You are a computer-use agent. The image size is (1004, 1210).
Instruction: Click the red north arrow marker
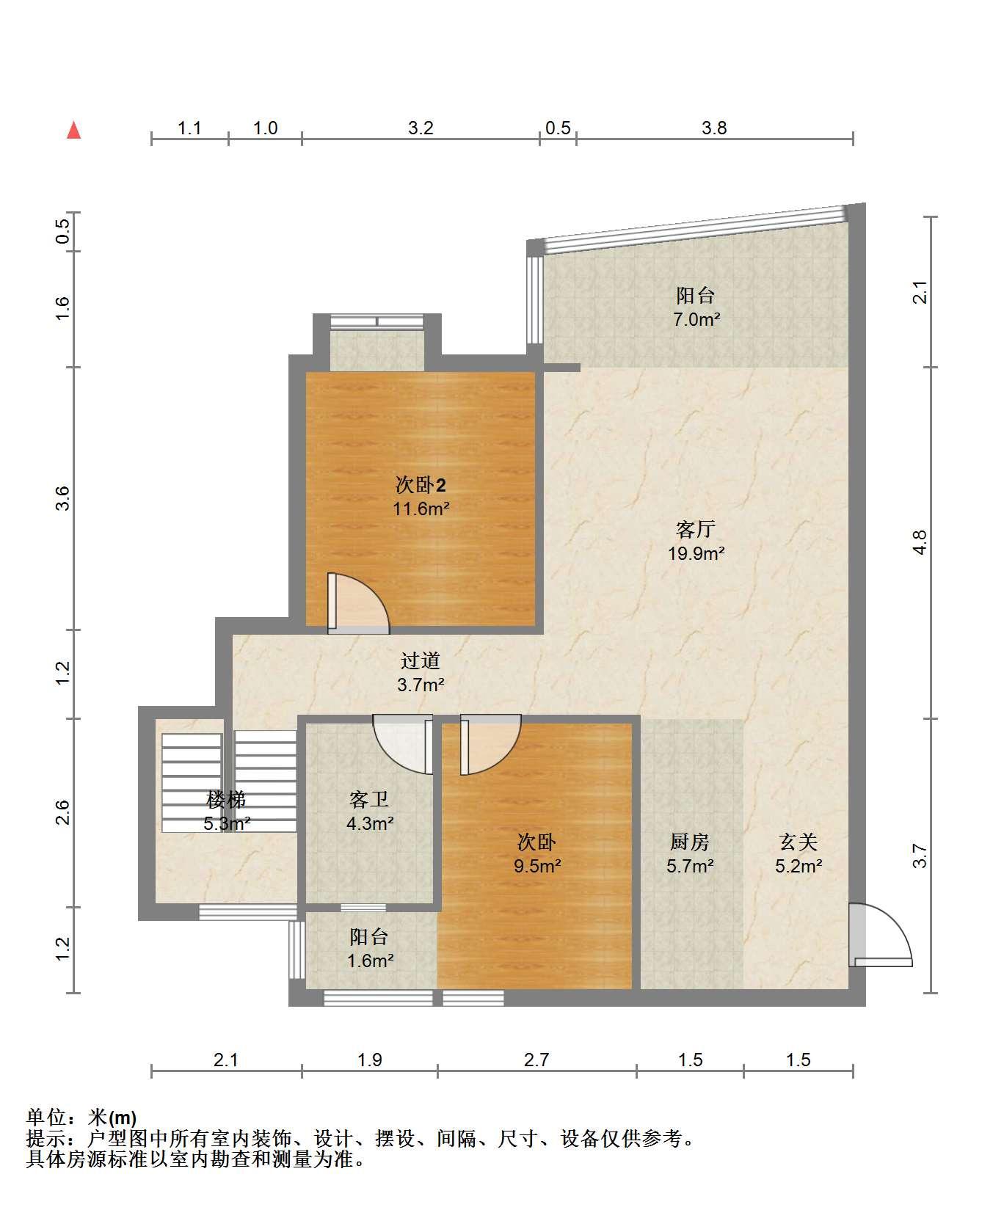point(73,131)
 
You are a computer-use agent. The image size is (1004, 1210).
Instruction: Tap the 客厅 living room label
point(695,529)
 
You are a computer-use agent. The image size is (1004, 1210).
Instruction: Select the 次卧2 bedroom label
point(421,485)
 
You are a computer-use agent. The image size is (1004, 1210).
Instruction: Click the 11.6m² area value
point(421,509)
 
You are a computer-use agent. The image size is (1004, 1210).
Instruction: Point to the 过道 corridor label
point(421,660)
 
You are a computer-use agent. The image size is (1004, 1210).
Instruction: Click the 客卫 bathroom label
point(369,799)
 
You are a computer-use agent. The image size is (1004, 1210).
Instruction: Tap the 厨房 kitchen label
point(690,842)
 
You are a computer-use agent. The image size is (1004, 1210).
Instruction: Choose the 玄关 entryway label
point(799,842)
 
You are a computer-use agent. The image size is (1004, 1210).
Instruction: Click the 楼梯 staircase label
point(227,799)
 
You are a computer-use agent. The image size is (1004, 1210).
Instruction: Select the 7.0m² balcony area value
point(696,319)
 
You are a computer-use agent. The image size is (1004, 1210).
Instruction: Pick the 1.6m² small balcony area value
point(370,961)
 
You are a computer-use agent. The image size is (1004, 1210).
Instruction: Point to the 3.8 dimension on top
point(714,128)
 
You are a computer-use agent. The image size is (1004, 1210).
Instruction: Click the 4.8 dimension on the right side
point(921,542)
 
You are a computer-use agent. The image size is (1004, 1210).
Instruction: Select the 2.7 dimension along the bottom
point(536,1060)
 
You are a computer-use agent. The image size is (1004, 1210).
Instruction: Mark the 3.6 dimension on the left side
point(63,498)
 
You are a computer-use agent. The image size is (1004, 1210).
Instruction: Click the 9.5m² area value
point(537,866)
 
